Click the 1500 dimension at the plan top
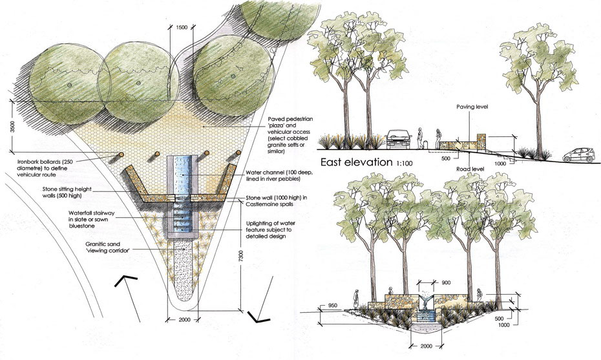(x=182, y=28)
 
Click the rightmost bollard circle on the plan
(x=238, y=154)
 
